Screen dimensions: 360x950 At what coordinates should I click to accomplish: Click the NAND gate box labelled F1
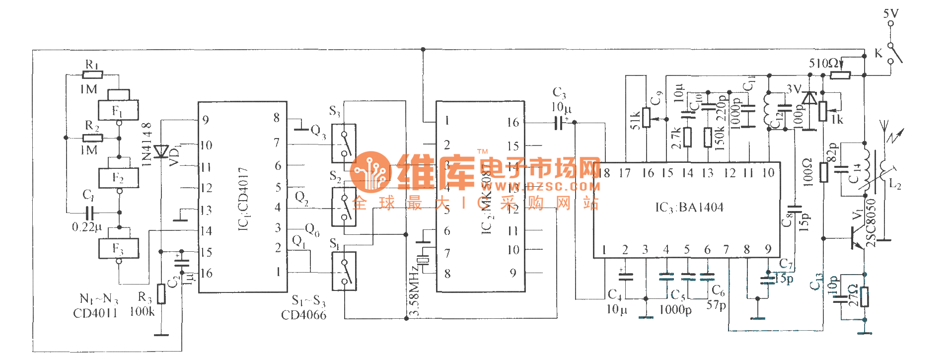118,110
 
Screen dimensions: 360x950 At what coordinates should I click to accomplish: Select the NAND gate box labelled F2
118,178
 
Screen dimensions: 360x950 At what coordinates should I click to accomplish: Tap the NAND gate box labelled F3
118,248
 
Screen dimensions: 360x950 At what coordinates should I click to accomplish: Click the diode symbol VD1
161,151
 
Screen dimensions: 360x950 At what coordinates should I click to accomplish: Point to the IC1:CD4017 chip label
243,199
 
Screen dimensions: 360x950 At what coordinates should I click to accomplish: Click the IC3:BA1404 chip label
689,208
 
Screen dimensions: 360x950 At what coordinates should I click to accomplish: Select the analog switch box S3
344,143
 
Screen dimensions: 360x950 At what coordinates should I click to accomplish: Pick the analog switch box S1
344,271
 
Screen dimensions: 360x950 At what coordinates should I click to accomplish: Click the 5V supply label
890,13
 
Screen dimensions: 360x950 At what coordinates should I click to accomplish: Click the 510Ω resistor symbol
840,75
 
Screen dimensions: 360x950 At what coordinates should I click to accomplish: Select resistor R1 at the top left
92,75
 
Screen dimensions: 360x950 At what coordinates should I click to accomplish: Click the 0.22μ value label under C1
86,227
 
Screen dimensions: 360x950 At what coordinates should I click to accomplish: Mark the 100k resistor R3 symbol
161,294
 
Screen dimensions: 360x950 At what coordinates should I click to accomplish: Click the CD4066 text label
303,315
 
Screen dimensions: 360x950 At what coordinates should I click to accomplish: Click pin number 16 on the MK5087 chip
512,122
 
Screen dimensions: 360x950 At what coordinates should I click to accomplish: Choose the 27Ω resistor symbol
865,297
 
